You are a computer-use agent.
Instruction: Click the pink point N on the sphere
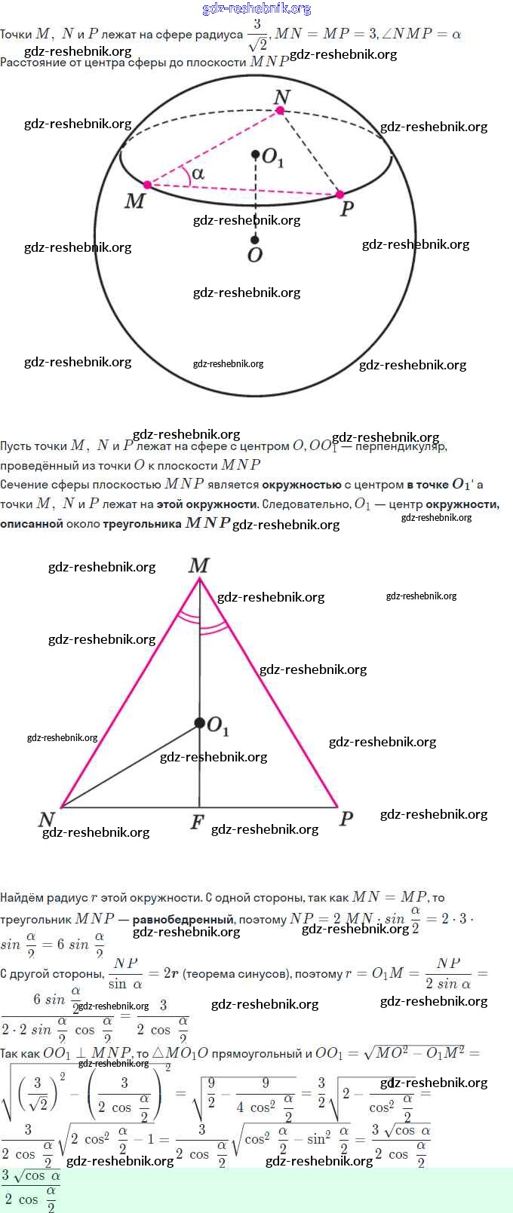coord(280,110)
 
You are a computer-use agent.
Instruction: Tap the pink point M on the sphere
coord(147,184)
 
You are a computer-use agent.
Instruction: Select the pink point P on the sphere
coord(339,195)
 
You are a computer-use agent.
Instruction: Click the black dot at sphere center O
coord(255,240)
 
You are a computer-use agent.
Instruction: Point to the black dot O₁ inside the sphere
coord(256,155)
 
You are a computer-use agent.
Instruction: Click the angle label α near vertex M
coord(198,173)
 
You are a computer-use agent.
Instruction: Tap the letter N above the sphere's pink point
coord(281,96)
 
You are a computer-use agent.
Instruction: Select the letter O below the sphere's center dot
coord(255,256)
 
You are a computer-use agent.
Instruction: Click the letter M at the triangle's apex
coord(199,565)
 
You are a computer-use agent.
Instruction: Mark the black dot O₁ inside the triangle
coord(199,723)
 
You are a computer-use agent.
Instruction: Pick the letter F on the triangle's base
coord(197,822)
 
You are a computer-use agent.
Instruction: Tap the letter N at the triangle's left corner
coord(47,819)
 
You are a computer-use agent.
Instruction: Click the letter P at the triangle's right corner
coord(346,819)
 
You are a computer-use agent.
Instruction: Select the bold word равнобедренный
coord(183,919)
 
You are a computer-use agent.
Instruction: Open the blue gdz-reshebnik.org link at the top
coord(256,8)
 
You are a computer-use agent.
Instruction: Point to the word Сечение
coord(23,484)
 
